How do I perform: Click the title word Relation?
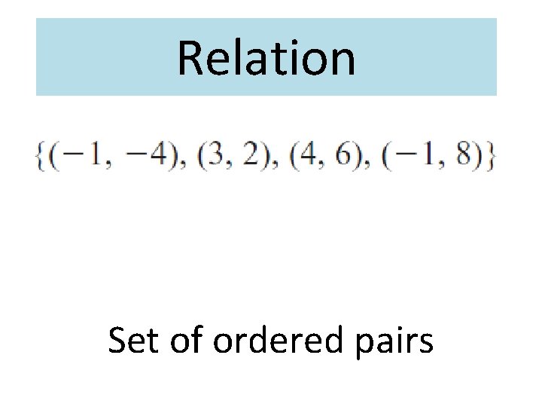pyautogui.click(x=266, y=59)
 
